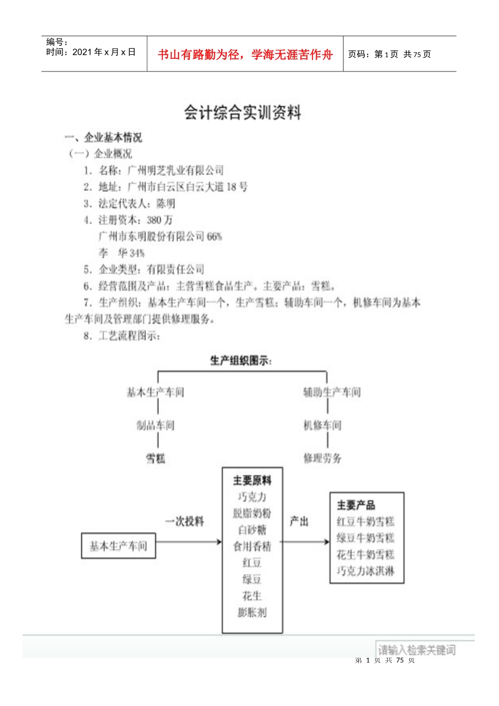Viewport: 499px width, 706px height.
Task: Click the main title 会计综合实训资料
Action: (x=243, y=112)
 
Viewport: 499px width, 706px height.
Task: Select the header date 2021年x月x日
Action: (x=104, y=52)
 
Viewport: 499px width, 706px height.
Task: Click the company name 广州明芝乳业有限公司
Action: (x=176, y=170)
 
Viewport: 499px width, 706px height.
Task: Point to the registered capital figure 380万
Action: (x=160, y=220)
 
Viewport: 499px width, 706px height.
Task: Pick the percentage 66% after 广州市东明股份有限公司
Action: (x=214, y=237)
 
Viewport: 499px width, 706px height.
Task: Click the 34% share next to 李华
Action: (x=137, y=253)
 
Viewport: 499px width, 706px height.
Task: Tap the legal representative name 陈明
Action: (x=166, y=204)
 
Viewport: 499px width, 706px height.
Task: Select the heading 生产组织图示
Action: (x=241, y=361)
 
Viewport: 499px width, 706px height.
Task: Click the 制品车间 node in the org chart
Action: (x=155, y=425)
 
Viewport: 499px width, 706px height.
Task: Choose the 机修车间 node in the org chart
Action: (x=323, y=425)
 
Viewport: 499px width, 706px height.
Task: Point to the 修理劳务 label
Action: (x=323, y=459)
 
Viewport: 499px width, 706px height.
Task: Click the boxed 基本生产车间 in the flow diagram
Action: (x=118, y=546)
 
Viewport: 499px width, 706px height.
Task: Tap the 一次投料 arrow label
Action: (x=184, y=522)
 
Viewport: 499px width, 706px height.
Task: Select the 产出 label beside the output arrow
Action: (x=299, y=522)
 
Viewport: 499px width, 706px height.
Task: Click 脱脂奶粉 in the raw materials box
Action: (x=252, y=513)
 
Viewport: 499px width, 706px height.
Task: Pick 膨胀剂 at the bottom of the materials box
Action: (x=252, y=612)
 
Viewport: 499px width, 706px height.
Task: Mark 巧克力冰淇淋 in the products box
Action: (x=366, y=571)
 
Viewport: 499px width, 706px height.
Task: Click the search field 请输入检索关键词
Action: (x=417, y=650)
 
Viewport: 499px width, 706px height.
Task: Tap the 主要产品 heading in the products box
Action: (x=356, y=505)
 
